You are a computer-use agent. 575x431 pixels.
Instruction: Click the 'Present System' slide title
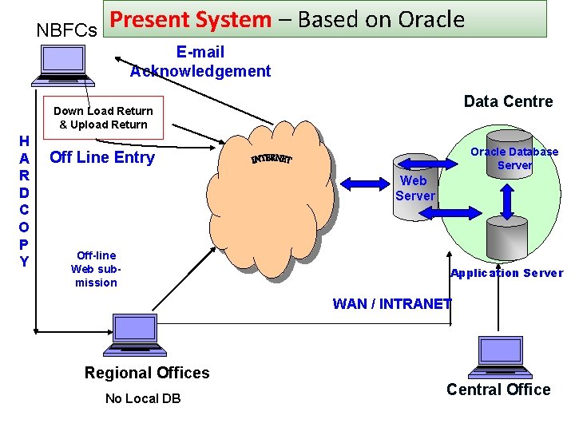tap(287, 20)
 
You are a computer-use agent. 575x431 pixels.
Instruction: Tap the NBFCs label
tap(66, 30)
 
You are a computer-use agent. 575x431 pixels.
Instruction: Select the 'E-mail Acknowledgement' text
tap(200, 61)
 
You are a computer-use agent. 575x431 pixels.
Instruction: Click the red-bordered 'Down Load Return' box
tap(103, 117)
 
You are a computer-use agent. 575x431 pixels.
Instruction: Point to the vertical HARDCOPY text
tap(25, 201)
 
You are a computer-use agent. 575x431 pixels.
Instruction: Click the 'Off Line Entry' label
tap(102, 157)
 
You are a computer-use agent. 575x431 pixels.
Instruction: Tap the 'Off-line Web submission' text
tap(96, 269)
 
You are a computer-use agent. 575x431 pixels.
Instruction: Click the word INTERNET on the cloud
tap(272, 160)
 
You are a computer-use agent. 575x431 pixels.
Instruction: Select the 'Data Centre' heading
tap(508, 101)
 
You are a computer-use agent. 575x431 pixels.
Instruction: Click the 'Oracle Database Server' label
tap(514, 158)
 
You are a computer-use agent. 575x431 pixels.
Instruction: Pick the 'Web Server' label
tap(415, 188)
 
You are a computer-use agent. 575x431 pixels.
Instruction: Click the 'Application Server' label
tap(506, 273)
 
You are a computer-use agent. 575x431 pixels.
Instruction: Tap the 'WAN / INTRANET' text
tap(391, 303)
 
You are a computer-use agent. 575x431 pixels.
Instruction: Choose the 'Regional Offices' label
tap(147, 373)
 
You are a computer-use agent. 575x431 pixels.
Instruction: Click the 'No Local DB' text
tap(143, 398)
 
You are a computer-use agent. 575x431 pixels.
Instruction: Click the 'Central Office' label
tap(498, 389)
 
